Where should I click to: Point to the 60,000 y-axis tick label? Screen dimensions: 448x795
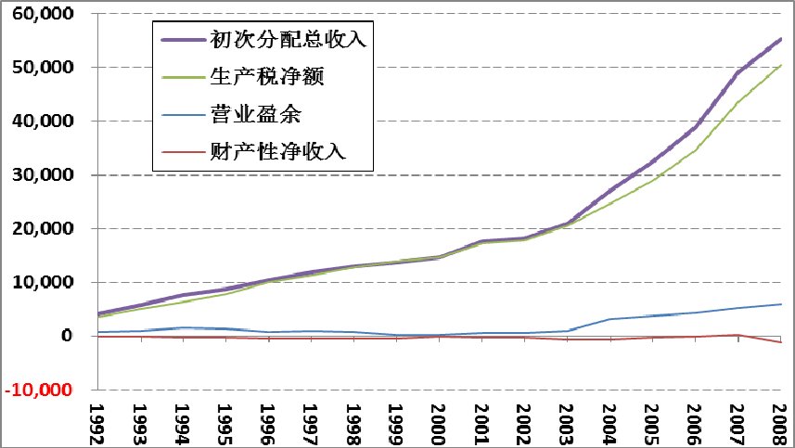click(39, 14)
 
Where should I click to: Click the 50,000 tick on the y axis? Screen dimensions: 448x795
click(39, 68)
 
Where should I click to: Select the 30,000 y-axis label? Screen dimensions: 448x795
click(39, 175)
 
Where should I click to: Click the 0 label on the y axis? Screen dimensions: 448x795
click(67, 336)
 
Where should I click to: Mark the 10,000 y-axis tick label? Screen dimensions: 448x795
click(39, 283)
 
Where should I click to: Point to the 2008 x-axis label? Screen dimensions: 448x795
click(780, 422)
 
